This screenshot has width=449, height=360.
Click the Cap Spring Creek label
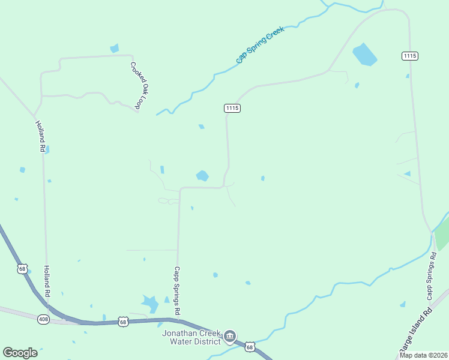point(259,45)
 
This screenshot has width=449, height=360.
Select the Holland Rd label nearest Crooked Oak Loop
point(40,136)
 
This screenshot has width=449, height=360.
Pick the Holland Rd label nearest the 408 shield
point(46,281)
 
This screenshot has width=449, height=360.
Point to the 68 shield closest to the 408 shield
point(22,268)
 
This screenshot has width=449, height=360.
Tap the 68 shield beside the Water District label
point(250,347)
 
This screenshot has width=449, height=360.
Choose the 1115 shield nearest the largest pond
point(410,56)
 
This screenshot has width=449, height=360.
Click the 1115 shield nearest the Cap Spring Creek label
point(232,108)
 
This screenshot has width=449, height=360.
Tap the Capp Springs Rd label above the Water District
point(177,291)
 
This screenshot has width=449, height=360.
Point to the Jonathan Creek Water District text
point(191,338)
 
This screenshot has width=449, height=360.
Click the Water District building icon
point(230,338)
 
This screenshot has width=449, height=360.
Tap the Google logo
point(20,353)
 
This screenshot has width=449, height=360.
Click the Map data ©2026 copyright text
point(423,355)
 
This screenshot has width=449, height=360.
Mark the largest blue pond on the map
point(364,54)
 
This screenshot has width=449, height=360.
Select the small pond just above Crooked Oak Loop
point(115,49)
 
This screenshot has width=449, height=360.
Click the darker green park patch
point(442,234)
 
